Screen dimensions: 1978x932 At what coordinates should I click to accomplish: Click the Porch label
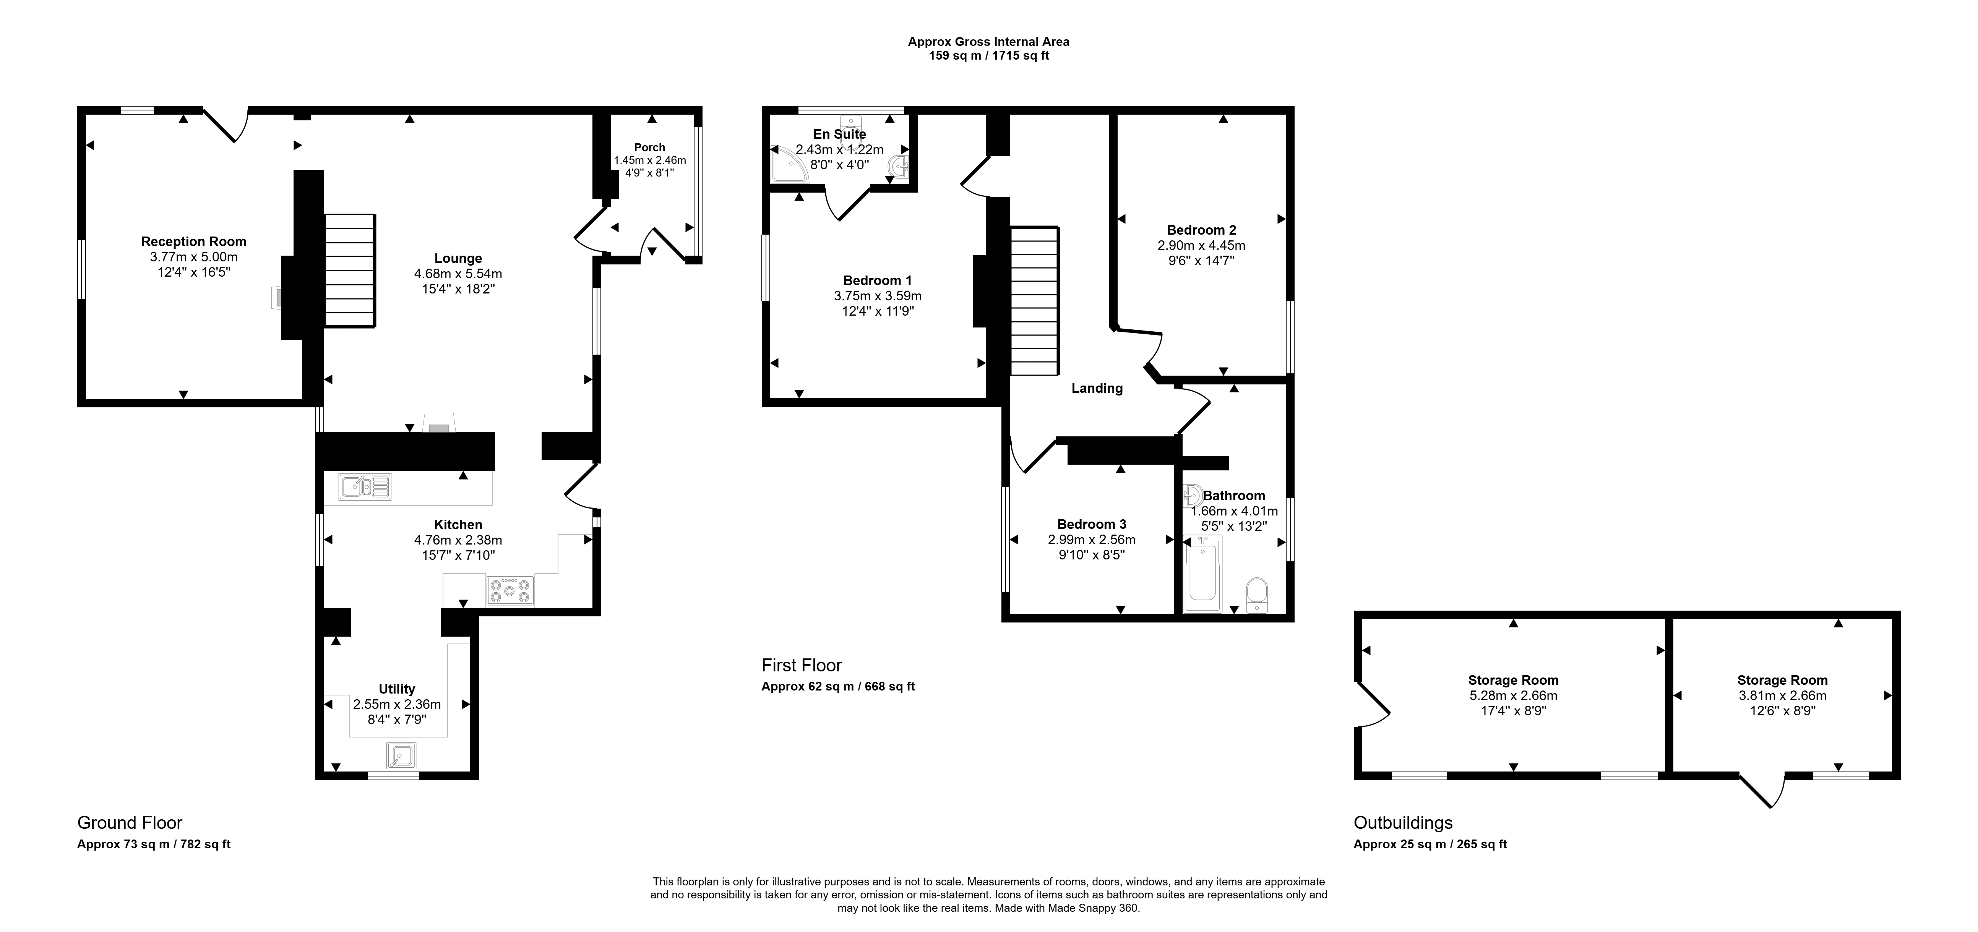point(650,147)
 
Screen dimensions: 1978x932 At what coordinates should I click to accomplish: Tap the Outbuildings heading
point(1403,823)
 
